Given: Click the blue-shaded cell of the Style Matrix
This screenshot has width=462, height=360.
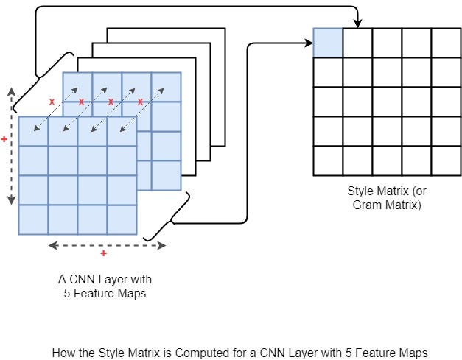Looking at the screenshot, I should [328, 43].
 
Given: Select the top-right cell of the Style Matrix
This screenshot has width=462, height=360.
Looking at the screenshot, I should [446, 43].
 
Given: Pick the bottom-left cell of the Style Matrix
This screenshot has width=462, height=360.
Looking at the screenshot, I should [328, 160].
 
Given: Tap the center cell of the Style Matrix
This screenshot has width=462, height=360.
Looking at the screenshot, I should [387, 102].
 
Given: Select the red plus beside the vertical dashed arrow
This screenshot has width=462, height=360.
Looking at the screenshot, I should [4, 138].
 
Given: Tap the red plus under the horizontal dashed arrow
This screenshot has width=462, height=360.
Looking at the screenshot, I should [103, 254].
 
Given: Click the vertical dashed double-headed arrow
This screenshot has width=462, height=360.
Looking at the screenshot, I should [11, 147].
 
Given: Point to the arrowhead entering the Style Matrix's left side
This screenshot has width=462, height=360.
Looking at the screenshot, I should [309, 43].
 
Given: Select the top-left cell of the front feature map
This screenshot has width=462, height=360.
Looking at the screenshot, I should [33, 131].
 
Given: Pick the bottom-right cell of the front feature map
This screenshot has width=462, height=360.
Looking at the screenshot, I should [122, 219].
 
